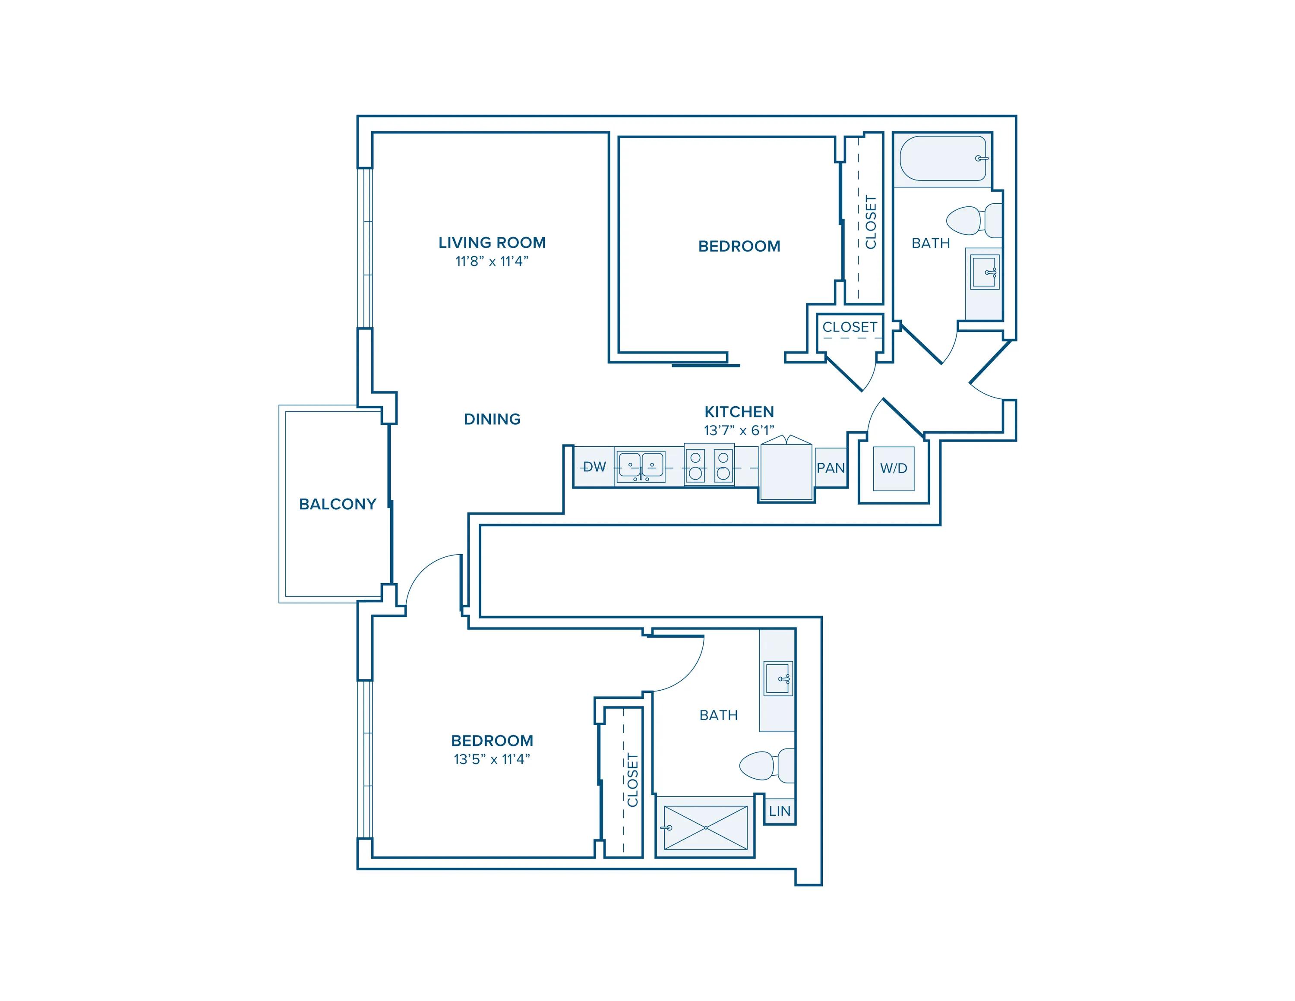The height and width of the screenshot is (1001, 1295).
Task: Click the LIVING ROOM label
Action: (x=492, y=243)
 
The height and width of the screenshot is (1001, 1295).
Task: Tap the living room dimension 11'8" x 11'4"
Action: (x=492, y=262)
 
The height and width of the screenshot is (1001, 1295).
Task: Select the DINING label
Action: (x=492, y=419)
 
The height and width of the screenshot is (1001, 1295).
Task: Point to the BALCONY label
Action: (x=338, y=504)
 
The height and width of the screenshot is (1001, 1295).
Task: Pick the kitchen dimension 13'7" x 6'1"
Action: (x=739, y=430)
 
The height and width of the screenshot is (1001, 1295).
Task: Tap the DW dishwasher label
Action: (x=594, y=467)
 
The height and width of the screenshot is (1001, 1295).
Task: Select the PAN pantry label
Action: (x=831, y=468)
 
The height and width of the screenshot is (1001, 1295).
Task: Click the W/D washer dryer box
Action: (x=894, y=468)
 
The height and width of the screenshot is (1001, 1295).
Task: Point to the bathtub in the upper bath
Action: (x=943, y=158)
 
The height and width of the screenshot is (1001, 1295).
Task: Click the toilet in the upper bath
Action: (x=973, y=221)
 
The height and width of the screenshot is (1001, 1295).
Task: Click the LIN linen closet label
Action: (x=780, y=811)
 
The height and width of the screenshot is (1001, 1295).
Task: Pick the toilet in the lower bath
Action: (x=767, y=766)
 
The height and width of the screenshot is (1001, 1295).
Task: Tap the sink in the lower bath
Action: (x=778, y=678)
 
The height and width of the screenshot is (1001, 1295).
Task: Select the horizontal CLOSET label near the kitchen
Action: (x=850, y=327)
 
